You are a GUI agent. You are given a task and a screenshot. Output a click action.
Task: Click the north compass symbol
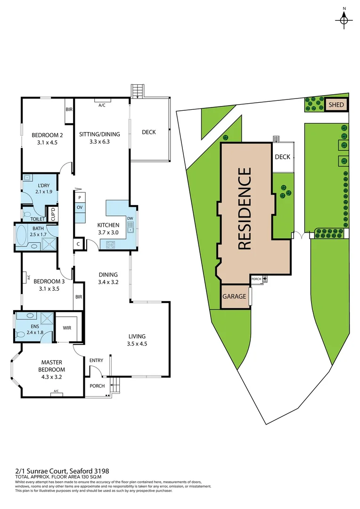point(344,18)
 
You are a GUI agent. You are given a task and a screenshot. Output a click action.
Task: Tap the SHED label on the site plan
point(336,105)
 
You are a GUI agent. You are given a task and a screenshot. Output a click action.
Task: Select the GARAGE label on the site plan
point(234,297)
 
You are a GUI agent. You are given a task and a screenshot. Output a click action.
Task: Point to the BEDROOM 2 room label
point(47,135)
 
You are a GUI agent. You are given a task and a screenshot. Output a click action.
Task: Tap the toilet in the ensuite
point(20,334)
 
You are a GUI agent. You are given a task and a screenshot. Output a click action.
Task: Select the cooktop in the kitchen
point(111,245)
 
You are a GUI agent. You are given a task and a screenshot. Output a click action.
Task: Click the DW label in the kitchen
point(130,218)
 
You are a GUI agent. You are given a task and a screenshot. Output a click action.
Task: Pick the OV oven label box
point(80,208)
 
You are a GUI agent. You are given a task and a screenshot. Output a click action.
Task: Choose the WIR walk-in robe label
point(66,328)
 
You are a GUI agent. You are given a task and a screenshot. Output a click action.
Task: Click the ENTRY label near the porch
point(96,361)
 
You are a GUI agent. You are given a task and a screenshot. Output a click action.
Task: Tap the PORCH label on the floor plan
point(97,386)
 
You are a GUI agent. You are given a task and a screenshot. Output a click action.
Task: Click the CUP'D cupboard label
point(53,214)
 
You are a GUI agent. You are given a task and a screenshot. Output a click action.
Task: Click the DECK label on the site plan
point(282,157)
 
